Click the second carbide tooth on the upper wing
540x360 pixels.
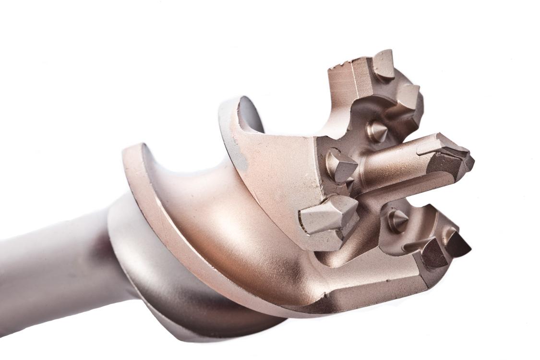tap(409, 98)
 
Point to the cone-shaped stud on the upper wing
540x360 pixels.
tap(377, 131)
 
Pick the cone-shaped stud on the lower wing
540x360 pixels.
tap(397, 220)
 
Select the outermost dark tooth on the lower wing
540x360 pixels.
tap(457, 244)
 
